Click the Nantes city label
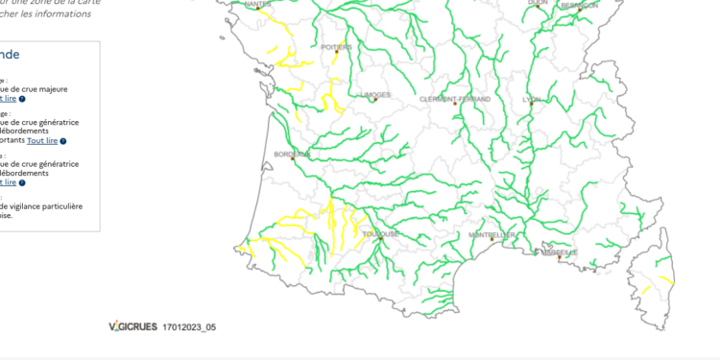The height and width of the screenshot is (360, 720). tap(258, 4)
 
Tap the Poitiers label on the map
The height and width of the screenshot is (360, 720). tap(336, 46)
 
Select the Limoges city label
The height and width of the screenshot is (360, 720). tap(375, 95)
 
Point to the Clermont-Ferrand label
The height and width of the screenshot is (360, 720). tap(455, 99)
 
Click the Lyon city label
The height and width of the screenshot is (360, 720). tap(531, 99)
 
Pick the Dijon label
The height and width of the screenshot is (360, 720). tap(538, 3)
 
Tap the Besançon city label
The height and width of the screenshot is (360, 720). tap(579, 5)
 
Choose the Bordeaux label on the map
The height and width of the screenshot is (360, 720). tap(292, 154)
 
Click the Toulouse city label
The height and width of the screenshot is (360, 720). tap(380, 233)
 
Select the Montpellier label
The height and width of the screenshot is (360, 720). tap(492, 234)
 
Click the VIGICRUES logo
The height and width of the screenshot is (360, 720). tap(132, 327)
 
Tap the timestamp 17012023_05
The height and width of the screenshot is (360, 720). tap(189, 327)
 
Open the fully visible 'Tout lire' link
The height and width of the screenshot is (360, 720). tap(42, 140)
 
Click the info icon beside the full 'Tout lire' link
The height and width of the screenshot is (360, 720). tap(63, 141)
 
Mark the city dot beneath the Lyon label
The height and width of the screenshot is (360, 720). tap(531, 105)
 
